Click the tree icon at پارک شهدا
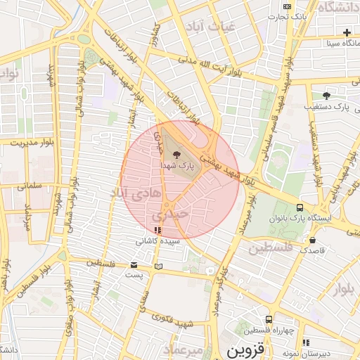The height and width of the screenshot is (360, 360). click(x=175, y=155)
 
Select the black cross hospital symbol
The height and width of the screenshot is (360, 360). click(x=347, y=32)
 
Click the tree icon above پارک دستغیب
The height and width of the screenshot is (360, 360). click(x=326, y=95)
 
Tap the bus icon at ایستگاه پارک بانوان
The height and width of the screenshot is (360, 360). click(x=300, y=207)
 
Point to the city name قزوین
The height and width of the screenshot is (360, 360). click(x=245, y=349)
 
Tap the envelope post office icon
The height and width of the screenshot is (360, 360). click(x=134, y=265)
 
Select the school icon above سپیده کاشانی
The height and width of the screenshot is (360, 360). click(x=157, y=230)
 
